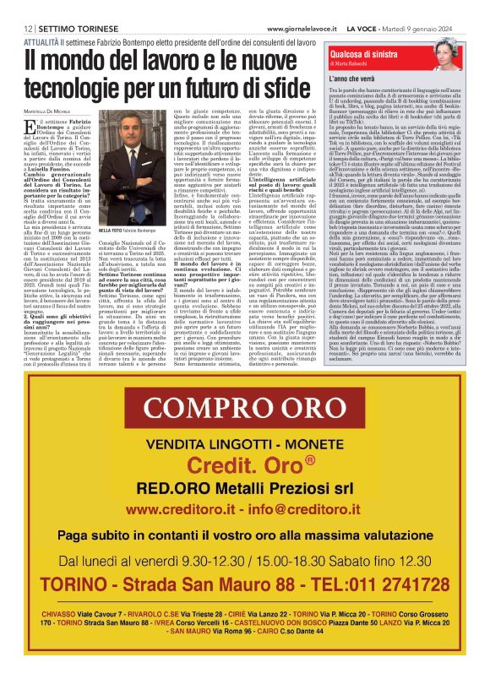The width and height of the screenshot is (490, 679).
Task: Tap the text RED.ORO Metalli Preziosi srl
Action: (x=245, y=488)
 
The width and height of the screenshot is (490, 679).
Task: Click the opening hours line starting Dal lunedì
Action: (x=245, y=561)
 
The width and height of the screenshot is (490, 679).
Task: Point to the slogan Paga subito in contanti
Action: (x=245, y=535)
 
